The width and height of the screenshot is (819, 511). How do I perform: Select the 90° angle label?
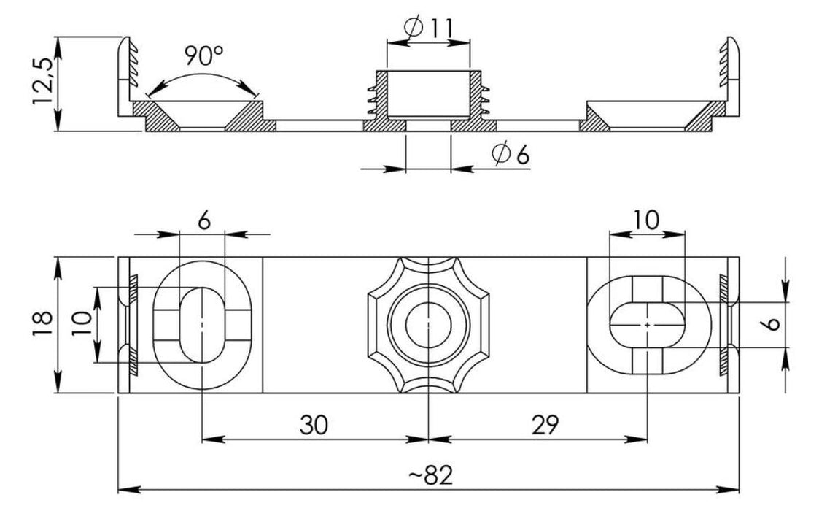pos(203,55)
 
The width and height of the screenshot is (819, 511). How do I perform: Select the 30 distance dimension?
pos(314,423)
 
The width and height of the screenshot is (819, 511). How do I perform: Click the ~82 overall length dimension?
pos(430,475)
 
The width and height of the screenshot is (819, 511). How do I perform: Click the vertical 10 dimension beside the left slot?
pos(82,323)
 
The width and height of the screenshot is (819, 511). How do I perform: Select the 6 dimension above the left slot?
pos(203,220)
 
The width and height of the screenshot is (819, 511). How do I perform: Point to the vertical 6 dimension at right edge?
pos(774,324)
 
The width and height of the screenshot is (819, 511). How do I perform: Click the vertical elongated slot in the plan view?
pos(202,323)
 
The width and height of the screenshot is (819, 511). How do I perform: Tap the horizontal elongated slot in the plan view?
pos(648,323)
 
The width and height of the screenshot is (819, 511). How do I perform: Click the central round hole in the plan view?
pos(427,323)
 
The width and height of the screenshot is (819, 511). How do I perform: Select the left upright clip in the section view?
pos(126,73)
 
